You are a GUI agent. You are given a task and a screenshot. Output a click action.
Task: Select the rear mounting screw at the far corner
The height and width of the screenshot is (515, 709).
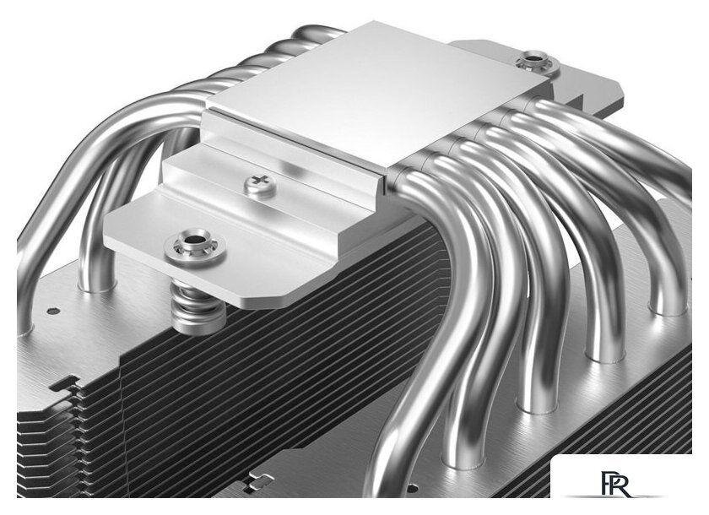pyautogui.click(x=533, y=60)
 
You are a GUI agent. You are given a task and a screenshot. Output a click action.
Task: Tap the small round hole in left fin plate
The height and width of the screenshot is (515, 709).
pyautogui.click(x=53, y=310)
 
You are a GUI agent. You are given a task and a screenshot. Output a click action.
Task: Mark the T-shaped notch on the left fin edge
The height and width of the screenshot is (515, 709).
pyautogui.click(x=64, y=384)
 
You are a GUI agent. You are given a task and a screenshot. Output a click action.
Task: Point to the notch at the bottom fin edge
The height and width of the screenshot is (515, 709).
pyautogui.click(x=253, y=485)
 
